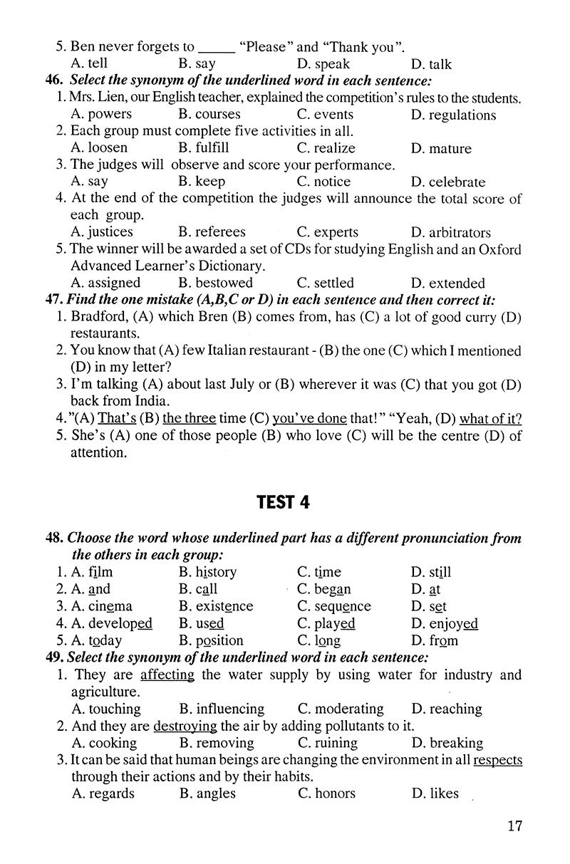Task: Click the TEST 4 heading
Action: (x=284, y=502)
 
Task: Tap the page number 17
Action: (x=515, y=826)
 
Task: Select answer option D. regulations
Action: (x=453, y=115)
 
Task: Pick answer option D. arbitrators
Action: (x=450, y=232)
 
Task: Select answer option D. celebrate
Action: (x=448, y=182)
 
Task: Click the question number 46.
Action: (x=56, y=81)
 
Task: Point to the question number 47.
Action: (x=56, y=300)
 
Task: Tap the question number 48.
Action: (x=56, y=538)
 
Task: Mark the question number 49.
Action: (x=56, y=657)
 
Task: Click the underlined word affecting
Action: (x=167, y=675)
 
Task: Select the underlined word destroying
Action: (x=185, y=726)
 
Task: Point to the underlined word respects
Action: (x=497, y=760)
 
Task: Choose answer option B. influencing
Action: (x=222, y=709)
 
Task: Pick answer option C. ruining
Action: (x=331, y=743)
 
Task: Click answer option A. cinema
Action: (x=102, y=606)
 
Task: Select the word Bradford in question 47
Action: (x=98, y=316)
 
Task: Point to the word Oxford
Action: (x=498, y=249)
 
